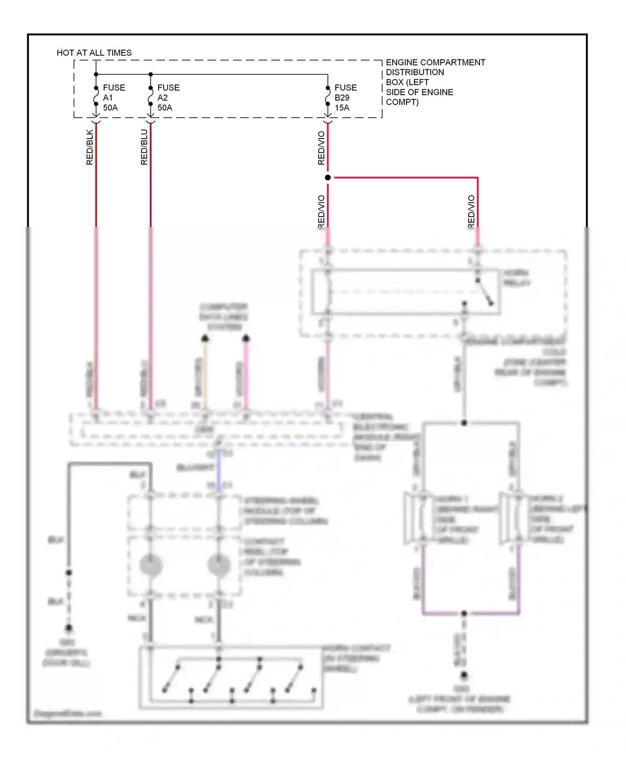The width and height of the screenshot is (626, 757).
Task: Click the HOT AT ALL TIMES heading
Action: point(94,53)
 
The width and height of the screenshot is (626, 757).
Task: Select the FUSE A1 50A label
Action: point(114,98)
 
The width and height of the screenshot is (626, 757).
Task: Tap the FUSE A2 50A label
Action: point(168,98)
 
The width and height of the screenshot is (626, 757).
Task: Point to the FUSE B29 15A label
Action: point(345,98)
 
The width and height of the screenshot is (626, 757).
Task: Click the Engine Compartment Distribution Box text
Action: point(435,82)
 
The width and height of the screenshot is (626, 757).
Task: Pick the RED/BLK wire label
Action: point(90,147)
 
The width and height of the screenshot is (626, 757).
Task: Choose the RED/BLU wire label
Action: point(144,147)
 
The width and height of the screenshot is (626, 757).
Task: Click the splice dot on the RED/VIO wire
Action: point(328,178)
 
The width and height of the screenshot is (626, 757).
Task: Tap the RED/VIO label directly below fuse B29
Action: point(321,148)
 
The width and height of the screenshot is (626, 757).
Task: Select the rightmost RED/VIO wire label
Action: point(471,212)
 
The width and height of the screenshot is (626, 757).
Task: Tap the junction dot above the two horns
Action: point(464,423)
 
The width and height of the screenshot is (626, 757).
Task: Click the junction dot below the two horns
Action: point(464,613)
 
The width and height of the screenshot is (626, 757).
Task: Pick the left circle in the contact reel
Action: point(151,565)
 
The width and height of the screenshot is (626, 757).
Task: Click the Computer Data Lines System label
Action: point(224,317)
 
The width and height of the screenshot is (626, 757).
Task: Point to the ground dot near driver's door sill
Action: point(69,628)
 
